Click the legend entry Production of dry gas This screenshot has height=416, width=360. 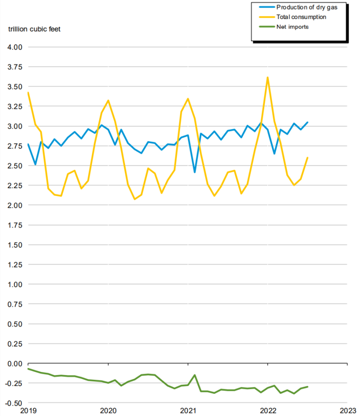pos(306,7)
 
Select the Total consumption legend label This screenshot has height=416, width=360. pos(301,17)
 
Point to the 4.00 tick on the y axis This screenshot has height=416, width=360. pos(14,47)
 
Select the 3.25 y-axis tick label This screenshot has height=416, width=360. pos(14,106)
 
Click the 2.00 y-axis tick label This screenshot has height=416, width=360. pos(14,205)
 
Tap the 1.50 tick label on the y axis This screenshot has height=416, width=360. pos(14,245)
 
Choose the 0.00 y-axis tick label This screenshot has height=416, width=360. pos(14,364)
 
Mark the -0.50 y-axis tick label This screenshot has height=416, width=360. pos(13,403)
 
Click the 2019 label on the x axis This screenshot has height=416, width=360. pos(28,410)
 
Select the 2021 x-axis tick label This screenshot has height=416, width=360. pos(188,410)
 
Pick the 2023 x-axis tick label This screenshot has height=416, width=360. pos(347,410)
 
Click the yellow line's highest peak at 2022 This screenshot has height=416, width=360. pos(268,77)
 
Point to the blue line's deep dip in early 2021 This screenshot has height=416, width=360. pos(195,172)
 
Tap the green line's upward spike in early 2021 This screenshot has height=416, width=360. pos(195,375)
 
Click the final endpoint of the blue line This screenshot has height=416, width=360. pos(308,122)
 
